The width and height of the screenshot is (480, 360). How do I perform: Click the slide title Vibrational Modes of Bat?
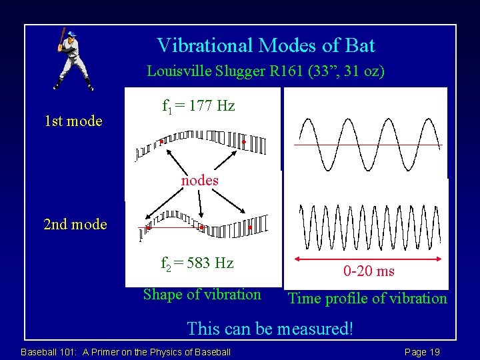265,45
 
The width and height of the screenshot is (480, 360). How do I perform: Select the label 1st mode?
73,121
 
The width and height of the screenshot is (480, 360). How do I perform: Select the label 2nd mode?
75,224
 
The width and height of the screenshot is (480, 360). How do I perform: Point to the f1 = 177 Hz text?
199,105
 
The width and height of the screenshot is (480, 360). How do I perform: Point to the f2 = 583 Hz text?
197,263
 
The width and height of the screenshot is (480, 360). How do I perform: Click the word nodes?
200,181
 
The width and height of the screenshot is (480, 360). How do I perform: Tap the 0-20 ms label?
369,271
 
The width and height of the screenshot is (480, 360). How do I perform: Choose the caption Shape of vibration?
202,295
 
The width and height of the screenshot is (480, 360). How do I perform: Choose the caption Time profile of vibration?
367,299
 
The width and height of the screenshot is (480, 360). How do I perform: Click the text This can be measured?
269,328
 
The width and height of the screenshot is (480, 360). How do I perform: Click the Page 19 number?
422,352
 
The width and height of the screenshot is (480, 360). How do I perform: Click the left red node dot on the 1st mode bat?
161,142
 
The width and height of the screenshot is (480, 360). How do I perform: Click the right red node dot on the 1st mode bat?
244,142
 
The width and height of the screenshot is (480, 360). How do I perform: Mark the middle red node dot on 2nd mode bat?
201,227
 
